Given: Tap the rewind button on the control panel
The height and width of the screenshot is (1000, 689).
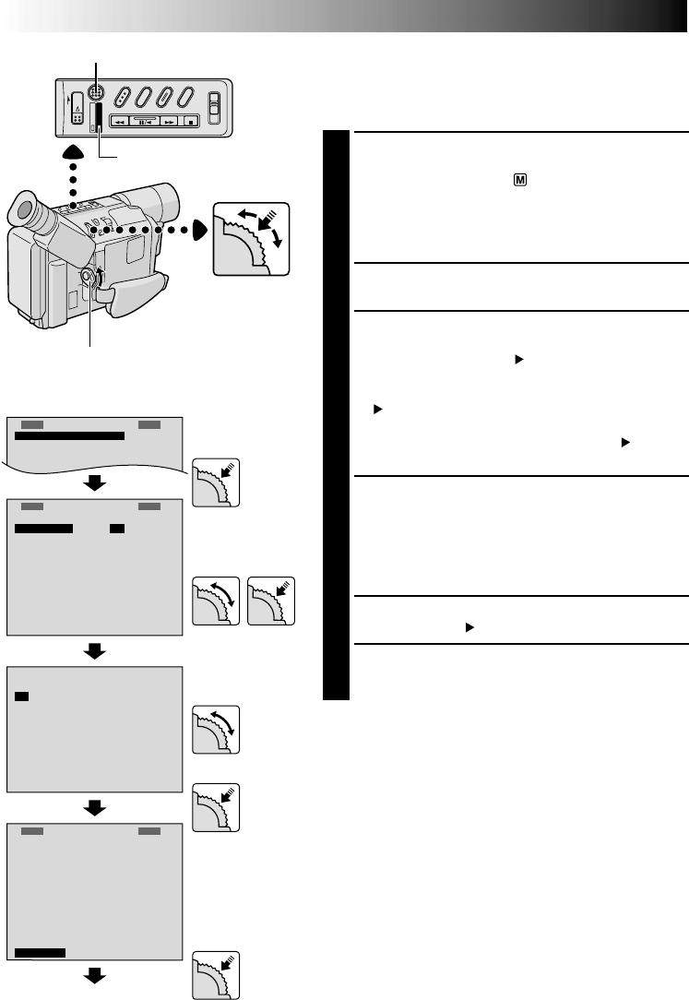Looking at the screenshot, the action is tap(119, 121).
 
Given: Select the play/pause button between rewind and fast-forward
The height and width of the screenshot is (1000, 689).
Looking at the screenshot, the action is tap(144, 121).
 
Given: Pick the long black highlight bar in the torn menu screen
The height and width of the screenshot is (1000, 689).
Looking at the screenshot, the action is tap(69, 436).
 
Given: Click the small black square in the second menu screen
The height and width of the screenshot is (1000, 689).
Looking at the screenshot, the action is tap(116, 529).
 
